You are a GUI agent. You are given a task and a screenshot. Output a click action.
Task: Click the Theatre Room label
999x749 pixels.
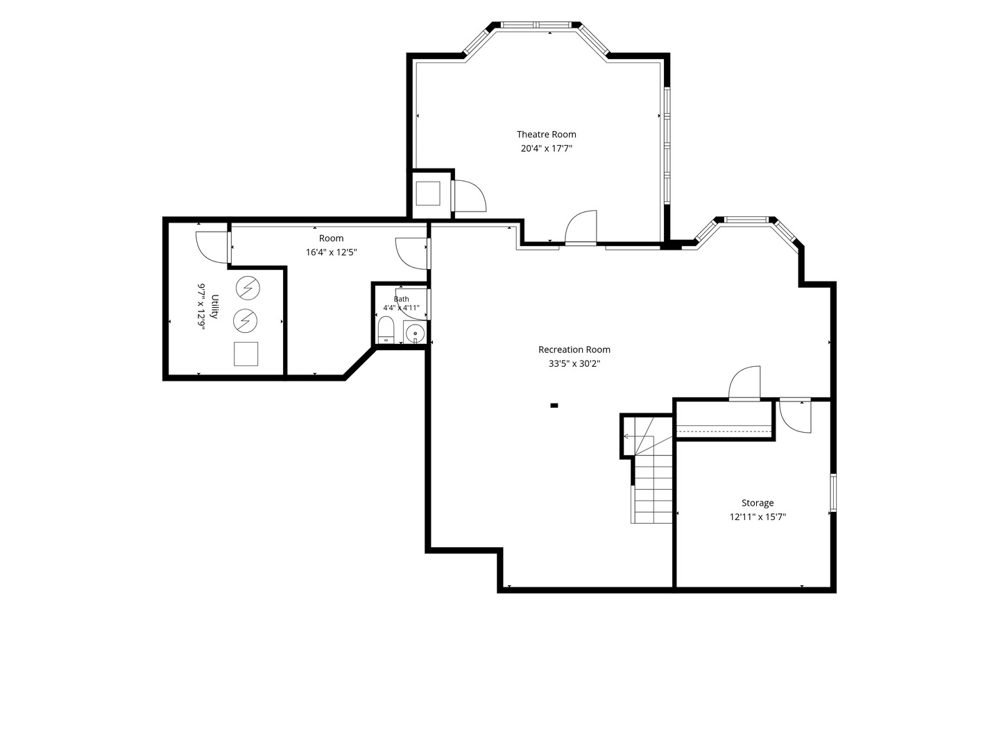(546, 134)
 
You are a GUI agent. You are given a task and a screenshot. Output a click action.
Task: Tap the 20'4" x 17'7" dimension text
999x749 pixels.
(546, 148)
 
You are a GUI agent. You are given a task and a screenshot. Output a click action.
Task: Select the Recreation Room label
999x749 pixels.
(574, 350)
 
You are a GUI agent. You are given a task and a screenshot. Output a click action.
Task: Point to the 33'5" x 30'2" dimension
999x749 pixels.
(574, 363)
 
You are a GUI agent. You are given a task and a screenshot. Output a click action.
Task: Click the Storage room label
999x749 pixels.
(758, 503)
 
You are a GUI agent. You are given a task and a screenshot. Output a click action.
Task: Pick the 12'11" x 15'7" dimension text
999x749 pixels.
(758, 517)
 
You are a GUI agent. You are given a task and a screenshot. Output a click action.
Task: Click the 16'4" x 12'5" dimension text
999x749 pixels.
(331, 252)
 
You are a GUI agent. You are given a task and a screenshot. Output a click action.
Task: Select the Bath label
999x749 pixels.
(401, 299)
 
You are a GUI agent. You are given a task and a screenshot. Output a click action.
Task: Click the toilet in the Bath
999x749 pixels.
(386, 329)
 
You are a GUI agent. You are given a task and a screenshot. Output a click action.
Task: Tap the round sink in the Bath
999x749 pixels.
(415, 334)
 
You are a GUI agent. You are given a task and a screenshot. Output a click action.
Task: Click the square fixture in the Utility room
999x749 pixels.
(246, 354)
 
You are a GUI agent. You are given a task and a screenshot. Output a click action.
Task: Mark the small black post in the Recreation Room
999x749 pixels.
(554, 405)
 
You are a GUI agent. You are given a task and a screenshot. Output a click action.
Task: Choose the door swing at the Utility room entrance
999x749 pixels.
(212, 248)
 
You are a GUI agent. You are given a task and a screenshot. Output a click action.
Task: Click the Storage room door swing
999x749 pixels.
(794, 417)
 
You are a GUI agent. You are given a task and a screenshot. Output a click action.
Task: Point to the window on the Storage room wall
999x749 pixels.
(833, 492)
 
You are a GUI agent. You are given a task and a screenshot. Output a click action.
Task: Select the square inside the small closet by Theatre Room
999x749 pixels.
(428, 193)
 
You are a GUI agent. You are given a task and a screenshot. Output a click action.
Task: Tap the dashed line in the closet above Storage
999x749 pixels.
(724, 430)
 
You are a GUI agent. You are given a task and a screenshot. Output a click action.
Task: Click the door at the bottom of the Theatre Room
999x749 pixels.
(581, 227)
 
